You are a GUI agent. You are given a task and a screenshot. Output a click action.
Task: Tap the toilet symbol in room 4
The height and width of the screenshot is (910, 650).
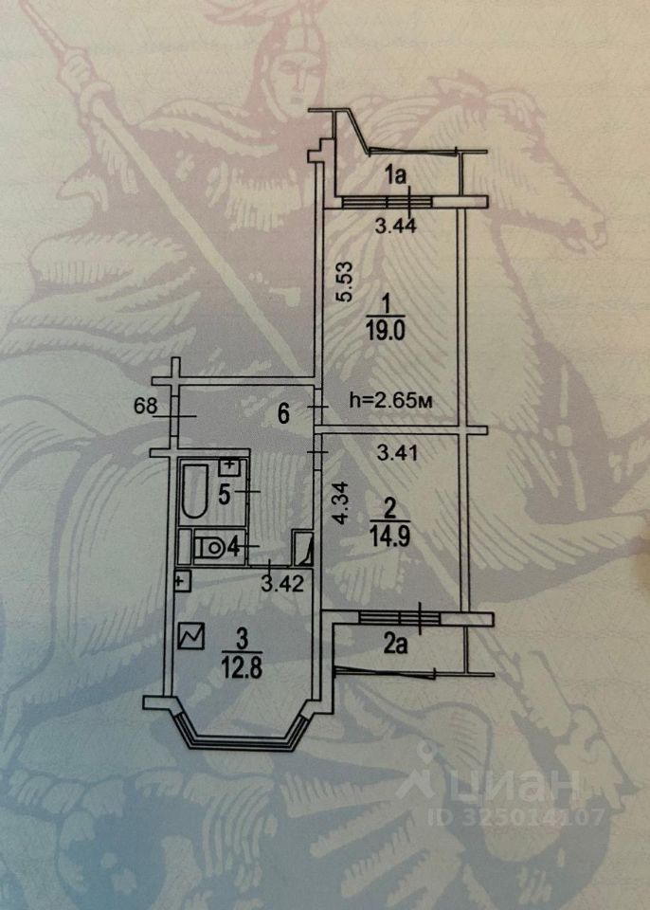tap(209, 547)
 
